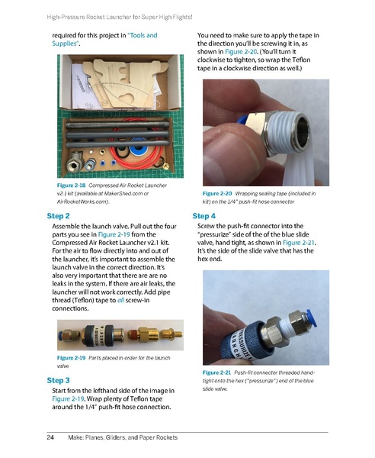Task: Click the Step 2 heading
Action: (x=59, y=216)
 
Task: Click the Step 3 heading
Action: (x=59, y=379)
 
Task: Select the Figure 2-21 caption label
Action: (x=217, y=372)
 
